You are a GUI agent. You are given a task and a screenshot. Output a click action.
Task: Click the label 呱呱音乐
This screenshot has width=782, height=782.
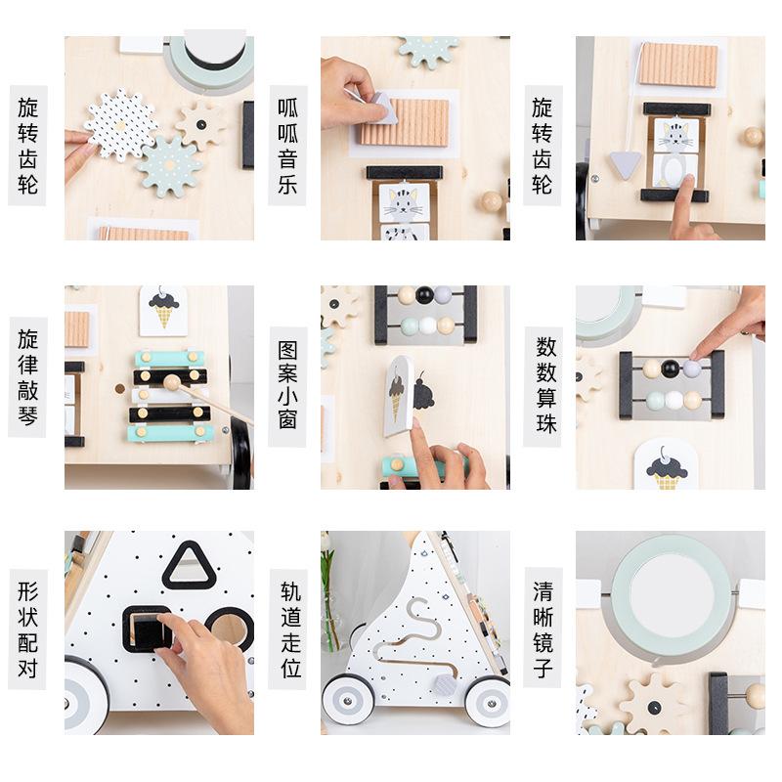tap(287, 145)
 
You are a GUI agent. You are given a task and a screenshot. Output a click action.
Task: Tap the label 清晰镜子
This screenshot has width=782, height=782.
tap(543, 628)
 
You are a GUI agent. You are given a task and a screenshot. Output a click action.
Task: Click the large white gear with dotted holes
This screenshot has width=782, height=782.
tap(119, 124)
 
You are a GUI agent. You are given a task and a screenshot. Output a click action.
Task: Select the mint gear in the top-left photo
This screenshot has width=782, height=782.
tap(169, 166)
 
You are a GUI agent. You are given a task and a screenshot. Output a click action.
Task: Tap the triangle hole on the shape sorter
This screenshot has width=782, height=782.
tap(189, 566)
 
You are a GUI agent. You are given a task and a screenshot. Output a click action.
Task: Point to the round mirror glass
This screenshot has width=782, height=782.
tap(672, 592)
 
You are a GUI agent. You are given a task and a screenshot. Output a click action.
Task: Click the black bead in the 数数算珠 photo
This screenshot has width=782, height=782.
tap(671, 369)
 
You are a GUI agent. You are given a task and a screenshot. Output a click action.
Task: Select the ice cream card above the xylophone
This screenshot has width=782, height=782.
tap(163, 311)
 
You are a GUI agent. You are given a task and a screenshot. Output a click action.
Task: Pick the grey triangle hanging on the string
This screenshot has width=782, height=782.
tap(625, 164)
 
